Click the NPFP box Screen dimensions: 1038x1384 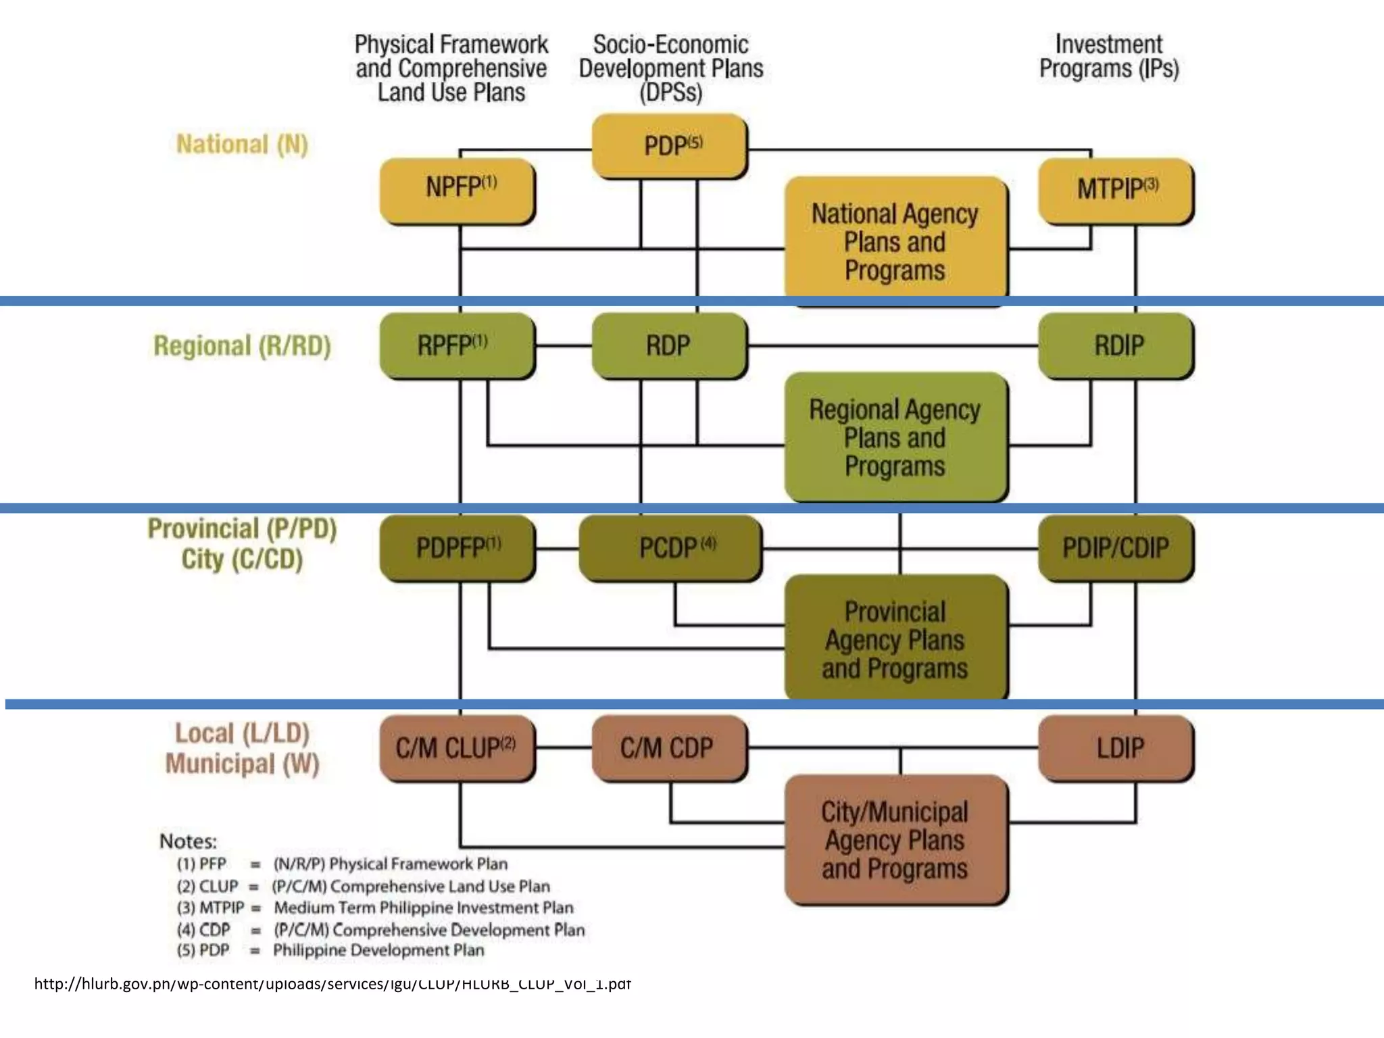point(458,191)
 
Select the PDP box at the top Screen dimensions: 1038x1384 point(669,146)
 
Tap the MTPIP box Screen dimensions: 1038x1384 point(1116,191)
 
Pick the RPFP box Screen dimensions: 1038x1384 point(458,345)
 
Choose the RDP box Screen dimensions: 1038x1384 point(669,345)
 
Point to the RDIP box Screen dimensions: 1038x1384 point(1116,345)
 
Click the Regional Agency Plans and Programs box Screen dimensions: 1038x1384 point(895,437)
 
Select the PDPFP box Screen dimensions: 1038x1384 point(458,547)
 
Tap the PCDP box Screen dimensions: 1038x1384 point(670,547)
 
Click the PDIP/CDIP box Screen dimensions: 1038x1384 point(1116,547)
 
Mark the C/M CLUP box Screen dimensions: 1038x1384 point(458,748)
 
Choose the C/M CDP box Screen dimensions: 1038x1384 point(669,748)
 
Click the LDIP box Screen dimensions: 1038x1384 point(1116,748)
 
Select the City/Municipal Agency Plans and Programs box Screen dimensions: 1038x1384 point(895,839)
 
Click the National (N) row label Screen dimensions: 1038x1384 point(242,145)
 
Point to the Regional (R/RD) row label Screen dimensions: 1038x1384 point(242,346)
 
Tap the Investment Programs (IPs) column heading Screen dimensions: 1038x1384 point(1108,57)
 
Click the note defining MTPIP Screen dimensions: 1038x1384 point(375,908)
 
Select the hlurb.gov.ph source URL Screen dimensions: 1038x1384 point(332,983)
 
